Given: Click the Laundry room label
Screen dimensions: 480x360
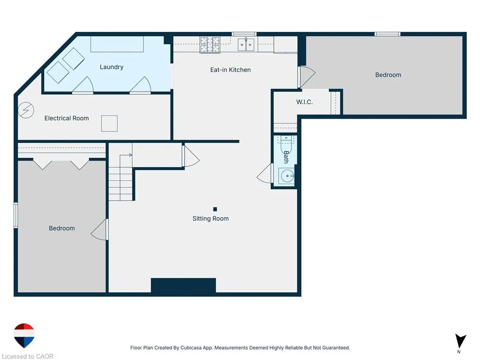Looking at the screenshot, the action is tap(112, 67).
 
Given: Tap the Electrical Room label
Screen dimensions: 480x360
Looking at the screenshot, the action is tap(67, 118).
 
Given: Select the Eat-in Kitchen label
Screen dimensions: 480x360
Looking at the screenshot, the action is tap(230, 70).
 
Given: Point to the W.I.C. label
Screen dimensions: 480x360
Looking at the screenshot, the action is tap(304, 102).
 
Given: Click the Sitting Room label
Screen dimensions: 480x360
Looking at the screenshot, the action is tap(210, 218).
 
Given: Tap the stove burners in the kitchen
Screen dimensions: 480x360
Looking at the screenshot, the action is tap(210, 45).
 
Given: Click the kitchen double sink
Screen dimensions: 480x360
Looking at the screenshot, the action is tap(246, 45).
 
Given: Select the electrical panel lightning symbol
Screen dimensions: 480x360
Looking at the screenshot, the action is tap(26, 110).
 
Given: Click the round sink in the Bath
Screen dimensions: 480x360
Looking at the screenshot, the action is tap(287, 176).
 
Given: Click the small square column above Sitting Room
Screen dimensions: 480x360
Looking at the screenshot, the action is tap(215, 209).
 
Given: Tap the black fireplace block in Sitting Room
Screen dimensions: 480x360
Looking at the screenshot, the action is tap(183, 285).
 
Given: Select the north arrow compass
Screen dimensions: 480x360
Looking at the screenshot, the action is tap(460, 341).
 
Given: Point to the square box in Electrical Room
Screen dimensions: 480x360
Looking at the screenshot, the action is tap(109, 123).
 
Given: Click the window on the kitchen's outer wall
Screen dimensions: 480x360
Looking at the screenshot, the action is tap(244, 34).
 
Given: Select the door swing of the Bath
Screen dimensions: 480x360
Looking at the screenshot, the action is tap(264, 173).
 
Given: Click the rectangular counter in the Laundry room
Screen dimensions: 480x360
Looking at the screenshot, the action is tap(117, 44).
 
